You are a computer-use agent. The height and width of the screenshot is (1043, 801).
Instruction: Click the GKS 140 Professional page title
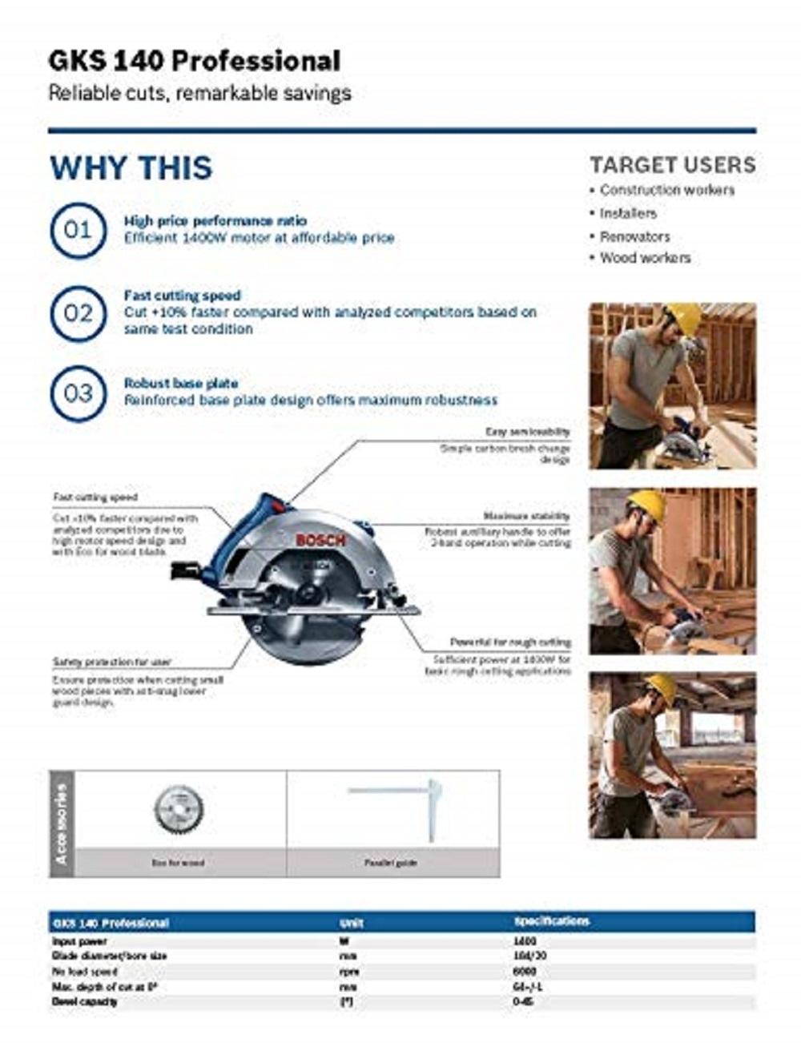point(195,61)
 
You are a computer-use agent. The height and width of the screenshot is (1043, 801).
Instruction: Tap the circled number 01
point(78,231)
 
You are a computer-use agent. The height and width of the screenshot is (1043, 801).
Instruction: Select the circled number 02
point(78,312)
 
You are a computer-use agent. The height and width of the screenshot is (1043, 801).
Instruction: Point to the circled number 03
point(78,393)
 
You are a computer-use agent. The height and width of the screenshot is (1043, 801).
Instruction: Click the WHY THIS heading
point(131,168)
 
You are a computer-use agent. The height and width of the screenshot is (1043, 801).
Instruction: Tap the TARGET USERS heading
point(672,165)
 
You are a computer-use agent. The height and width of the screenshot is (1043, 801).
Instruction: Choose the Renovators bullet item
point(634,236)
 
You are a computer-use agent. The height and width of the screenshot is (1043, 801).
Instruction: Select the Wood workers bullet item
point(645,258)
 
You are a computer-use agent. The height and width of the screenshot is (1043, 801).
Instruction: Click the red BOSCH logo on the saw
point(320,541)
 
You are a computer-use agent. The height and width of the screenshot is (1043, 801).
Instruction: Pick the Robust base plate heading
point(181,383)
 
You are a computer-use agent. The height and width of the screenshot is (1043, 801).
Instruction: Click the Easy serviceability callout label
point(527,432)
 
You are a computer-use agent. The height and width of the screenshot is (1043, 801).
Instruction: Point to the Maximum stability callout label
point(526,517)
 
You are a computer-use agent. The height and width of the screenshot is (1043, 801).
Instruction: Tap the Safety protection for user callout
point(112,662)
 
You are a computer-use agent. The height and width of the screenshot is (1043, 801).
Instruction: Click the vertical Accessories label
point(62,824)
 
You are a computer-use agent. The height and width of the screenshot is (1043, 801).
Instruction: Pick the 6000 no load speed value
point(525,972)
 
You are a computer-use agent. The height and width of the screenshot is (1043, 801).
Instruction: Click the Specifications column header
point(551,922)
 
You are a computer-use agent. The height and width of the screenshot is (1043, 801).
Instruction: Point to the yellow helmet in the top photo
point(684,317)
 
